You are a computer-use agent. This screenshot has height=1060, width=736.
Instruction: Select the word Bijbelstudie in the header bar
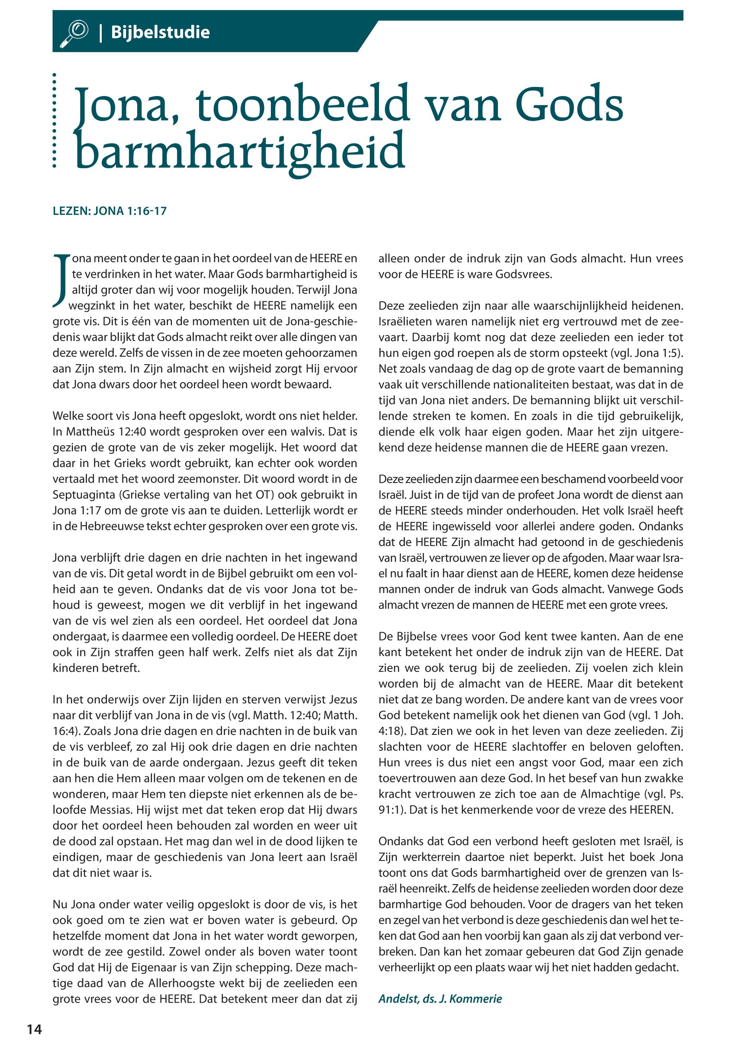160,32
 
